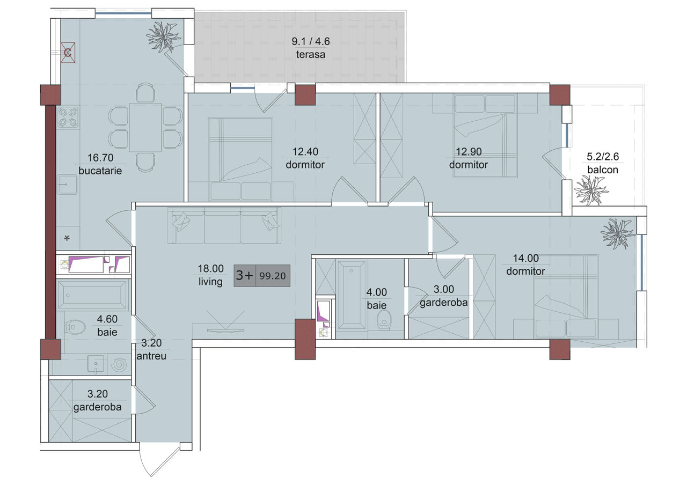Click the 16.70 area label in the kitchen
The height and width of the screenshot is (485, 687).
pos(100,158)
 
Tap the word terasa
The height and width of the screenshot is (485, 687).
pos(310,55)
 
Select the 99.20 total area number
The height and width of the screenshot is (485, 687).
pos(272,276)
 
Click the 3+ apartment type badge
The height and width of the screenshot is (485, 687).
pos(244,275)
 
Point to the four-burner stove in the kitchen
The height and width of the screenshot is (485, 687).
pos(68,117)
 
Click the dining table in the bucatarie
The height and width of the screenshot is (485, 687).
pos(145,127)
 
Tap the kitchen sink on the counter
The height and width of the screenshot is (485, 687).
pos(67,184)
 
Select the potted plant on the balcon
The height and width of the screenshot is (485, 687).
pos(590,190)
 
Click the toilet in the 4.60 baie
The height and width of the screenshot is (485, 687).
pos(75,327)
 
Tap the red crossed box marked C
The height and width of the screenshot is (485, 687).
pos(68,53)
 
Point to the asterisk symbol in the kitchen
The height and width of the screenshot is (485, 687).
pos(67,238)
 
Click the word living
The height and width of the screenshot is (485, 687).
pos(210,282)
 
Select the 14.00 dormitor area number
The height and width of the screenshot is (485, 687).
pos(525,258)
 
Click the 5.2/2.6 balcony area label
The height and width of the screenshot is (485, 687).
pos(603,157)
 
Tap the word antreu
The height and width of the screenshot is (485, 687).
pos(151,356)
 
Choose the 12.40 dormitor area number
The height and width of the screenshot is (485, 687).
pos(305,151)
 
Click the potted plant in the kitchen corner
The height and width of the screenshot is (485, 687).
pos(163,36)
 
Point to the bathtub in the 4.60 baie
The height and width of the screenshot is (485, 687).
pos(92,295)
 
